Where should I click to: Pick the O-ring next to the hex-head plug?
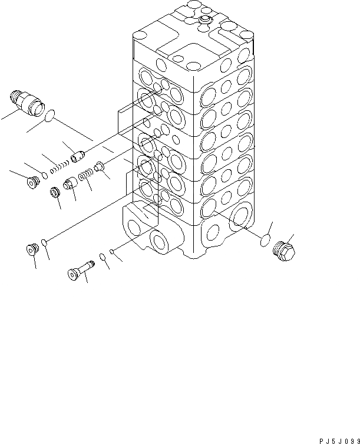(x=266, y=241)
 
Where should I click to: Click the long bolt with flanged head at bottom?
(x=80, y=271)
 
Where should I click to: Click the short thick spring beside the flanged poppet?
(x=86, y=175)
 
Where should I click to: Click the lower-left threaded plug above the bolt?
(x=32, y=250)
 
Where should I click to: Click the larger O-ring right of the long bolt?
(x=102, y=256)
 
